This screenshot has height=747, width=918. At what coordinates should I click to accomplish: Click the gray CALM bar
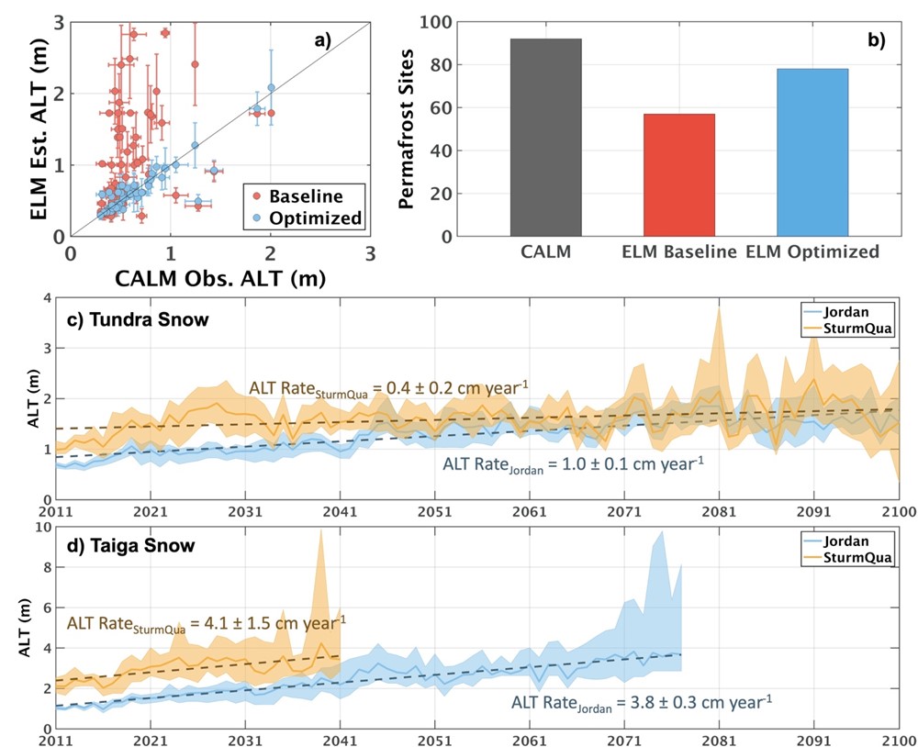click(546, 138)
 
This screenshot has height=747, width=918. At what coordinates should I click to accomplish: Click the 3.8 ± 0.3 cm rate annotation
click(641, 704)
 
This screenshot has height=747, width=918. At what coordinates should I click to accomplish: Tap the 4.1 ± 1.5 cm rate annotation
click(207, 623)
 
